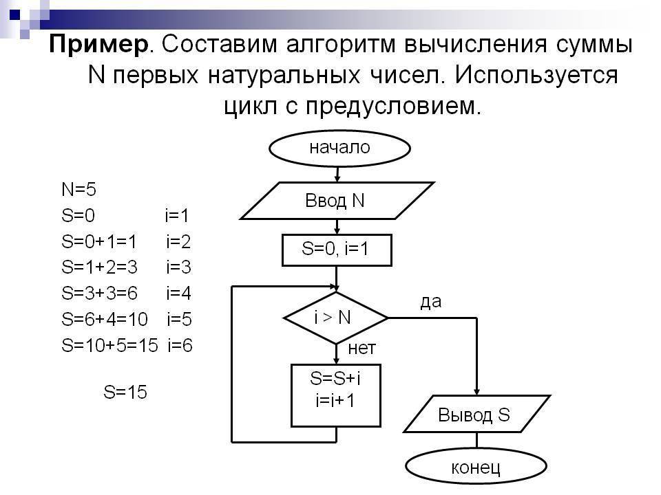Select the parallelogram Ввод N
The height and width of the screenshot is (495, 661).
337,201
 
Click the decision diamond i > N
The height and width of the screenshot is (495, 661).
336,318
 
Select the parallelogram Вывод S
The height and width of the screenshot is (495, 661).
476,414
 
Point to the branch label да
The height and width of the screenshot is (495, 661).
431,302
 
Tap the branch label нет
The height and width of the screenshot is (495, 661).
361,349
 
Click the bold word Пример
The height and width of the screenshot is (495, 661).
98,45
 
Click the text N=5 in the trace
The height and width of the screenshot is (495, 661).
78,190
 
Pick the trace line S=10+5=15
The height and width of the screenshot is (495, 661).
109,345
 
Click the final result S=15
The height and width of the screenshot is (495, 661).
125,392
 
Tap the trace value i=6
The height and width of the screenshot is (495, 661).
180,345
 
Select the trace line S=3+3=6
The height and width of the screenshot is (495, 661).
99,293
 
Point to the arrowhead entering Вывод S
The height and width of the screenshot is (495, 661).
476,391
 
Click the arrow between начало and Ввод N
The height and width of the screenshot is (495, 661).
337,174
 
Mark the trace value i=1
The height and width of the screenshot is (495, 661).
177,215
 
